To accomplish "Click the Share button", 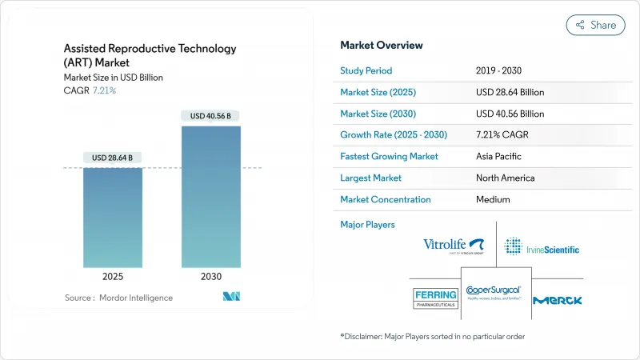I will (596, 25).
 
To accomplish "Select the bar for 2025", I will (113, 218).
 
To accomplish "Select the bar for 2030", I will (210, 197).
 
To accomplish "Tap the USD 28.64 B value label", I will (113, 156).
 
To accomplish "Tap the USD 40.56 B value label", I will (210, 116).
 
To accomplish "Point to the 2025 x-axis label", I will (113, 276).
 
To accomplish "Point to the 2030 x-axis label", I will (210, 276).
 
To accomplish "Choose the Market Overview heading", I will (382, 46).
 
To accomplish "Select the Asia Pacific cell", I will (500, 157).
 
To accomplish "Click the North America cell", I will (505, 178).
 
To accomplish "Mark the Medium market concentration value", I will (494, 199).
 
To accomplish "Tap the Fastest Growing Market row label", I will (389, 157).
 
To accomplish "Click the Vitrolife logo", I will (454, 246).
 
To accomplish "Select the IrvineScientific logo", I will (542, 246).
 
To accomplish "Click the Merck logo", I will (558, 300).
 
